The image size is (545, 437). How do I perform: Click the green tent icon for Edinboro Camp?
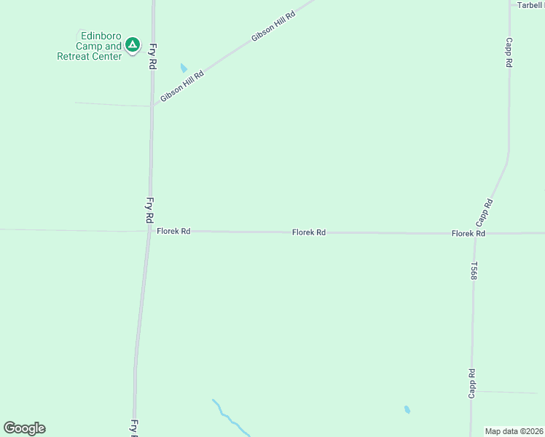pos(132,45)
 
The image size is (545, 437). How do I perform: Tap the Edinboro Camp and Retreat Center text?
pos(90,45)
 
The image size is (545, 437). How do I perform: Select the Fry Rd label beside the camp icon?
pos(153,55)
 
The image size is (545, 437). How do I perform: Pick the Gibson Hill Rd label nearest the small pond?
pos(181,86)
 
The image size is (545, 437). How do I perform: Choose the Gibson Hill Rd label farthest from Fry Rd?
pos(272,26)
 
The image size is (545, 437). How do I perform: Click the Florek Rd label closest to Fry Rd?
pos(173,231)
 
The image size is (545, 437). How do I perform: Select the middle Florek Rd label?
pos(308,232)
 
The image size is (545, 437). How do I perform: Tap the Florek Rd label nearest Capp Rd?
pos(468,233)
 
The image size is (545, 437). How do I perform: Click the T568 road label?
pos(474,271)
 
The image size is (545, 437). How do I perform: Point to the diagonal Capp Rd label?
pos(485,212)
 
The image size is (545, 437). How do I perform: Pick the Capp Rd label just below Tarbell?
pos(509,52)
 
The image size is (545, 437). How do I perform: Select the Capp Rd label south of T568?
pos(472,383)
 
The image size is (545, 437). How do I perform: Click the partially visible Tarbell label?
pos(530,5)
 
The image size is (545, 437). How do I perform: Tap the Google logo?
pos(24,428)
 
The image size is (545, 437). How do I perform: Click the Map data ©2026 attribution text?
pos(514,431)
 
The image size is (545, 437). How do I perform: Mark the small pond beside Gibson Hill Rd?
pos(184,68)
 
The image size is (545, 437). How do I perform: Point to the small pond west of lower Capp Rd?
pos(407,409)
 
